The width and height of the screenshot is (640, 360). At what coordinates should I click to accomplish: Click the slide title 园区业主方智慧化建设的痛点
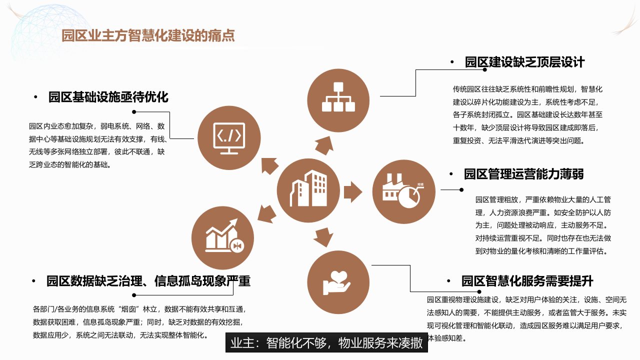148,35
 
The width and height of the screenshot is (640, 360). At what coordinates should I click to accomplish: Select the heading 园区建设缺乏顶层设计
524,62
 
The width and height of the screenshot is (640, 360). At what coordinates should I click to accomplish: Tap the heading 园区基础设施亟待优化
108,97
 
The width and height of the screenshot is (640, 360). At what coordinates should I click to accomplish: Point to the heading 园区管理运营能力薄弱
523,174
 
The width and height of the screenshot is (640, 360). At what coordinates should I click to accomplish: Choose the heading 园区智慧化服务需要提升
527,281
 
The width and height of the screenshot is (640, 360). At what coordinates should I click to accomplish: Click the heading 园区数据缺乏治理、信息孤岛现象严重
148,281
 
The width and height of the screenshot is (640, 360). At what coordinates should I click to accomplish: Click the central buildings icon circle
308,190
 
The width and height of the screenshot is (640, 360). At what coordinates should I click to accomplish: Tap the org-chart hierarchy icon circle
338,100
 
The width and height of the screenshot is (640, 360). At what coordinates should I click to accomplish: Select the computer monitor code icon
229,138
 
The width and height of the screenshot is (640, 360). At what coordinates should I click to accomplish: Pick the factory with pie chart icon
403,191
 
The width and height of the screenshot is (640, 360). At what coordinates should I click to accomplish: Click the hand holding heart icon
337,282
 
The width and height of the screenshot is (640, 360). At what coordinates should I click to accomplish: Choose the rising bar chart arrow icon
224,236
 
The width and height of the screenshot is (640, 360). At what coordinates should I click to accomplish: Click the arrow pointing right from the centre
353,192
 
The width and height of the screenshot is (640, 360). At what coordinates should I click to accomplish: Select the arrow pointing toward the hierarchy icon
325,145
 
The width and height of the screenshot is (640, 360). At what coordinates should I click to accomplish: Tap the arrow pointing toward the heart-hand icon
323,237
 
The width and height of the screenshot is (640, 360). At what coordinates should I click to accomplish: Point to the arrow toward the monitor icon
269,165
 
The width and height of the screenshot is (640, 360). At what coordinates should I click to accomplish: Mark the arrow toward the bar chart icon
267,214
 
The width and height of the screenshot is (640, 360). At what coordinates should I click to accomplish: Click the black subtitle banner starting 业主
326,342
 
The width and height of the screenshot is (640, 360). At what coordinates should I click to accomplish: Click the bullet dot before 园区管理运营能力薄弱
451,174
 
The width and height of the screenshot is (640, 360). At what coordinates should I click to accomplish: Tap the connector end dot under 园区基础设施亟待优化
134,111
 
